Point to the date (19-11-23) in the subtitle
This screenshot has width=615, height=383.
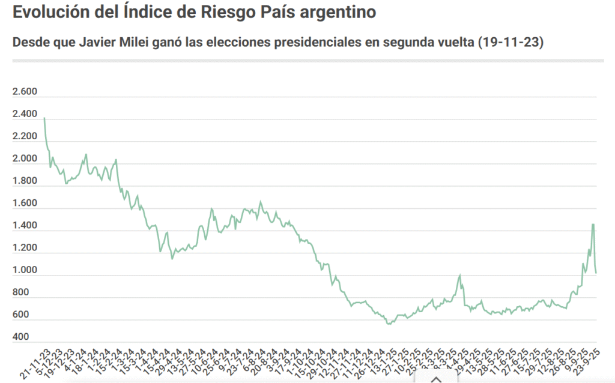510,43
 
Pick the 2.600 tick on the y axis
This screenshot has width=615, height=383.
25,92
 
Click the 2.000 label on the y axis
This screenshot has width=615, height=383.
25,158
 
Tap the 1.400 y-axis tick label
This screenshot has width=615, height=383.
25,226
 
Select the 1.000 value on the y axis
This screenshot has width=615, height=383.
25,270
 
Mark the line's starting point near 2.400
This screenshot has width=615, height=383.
44,118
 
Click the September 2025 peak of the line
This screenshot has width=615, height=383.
593,225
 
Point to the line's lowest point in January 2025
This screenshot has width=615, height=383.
389,324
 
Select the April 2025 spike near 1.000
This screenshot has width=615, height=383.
460,275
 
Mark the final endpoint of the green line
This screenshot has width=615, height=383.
596,273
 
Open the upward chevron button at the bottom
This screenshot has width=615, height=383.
437,378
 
